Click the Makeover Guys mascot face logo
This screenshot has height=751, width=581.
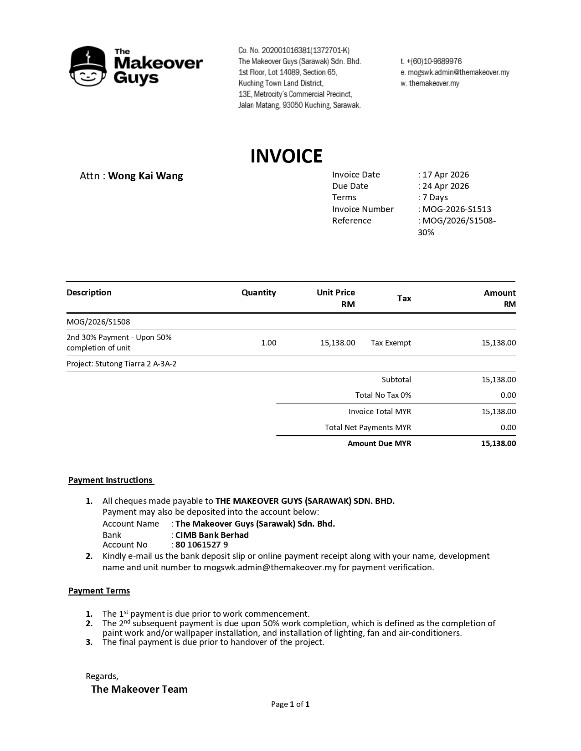pos(88,66)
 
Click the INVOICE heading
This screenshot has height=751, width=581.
pos(286,156)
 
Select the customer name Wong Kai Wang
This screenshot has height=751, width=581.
pos(145,176)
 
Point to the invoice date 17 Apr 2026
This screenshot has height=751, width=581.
pos(445,175)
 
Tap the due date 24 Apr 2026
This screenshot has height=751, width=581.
pos(445,186)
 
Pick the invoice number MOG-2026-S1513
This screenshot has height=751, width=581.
pos(457,209)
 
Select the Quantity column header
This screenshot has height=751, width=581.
pos(258,293)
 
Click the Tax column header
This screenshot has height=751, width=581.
pos(404,299)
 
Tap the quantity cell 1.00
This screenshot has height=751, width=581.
pos(268,343)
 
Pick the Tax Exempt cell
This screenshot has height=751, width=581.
pos(391,343)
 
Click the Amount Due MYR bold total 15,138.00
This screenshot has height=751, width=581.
pos(499,443)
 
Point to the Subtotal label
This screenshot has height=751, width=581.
pos(396,380)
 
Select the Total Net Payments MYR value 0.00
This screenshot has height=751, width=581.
pos(508,427)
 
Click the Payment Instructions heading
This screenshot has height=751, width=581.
pos(111,480)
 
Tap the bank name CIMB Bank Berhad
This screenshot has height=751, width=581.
pos(212,535)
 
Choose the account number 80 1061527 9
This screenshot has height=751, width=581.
pos(201,545)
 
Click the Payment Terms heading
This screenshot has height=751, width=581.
pos(99,591)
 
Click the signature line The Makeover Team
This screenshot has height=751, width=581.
pos(139,689)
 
